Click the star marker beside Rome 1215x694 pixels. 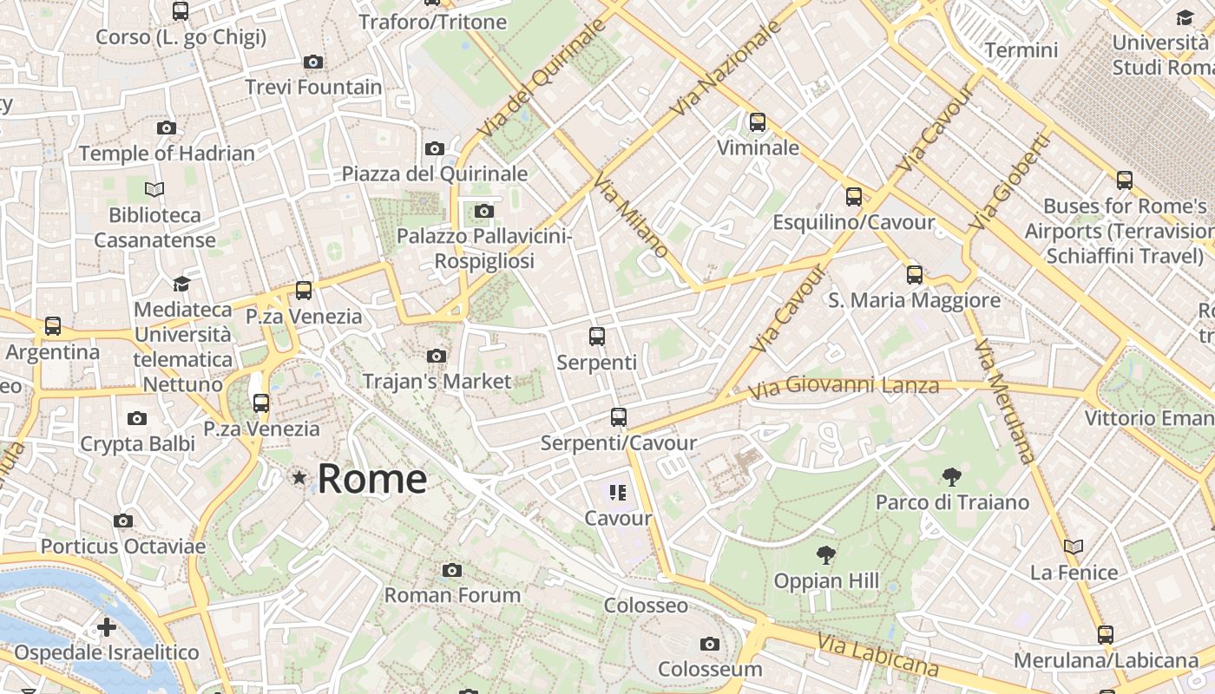299,477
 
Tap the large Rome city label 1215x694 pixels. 372,479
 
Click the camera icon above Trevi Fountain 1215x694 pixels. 313,62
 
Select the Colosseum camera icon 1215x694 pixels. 710,644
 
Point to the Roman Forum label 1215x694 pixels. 452,595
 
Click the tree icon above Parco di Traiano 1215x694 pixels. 952,476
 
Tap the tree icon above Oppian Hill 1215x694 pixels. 826,555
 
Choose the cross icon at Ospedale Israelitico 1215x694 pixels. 107,626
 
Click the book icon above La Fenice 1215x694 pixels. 1074,547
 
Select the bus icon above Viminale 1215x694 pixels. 758,122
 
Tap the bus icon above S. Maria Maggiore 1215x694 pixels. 915,275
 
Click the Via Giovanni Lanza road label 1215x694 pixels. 844,387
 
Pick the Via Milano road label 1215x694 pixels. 631,214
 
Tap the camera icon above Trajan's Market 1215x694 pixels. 437,356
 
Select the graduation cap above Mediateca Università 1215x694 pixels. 181,284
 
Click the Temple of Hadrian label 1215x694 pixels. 167,154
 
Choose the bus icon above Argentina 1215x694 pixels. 53,326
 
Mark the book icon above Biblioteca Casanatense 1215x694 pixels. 154,189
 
